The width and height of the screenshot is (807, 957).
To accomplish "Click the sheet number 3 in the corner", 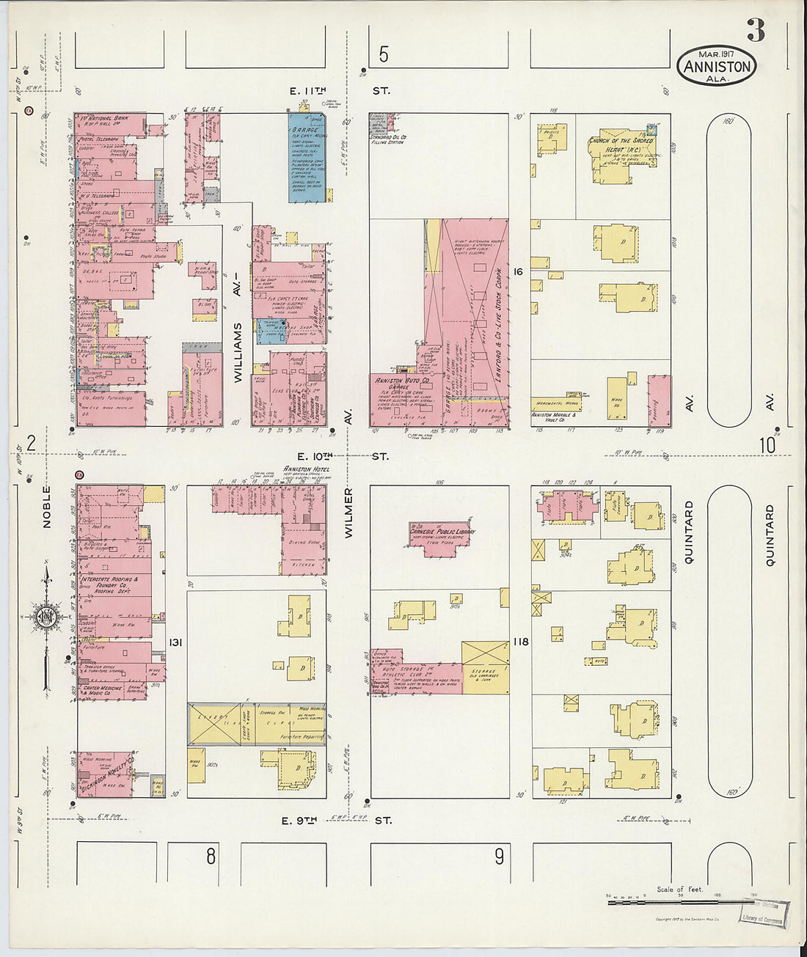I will click(x=756, y=30).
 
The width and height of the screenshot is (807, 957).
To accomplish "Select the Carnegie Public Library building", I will click(x=442, y=535).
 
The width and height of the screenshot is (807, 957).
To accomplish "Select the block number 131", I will click(x=175, y=642).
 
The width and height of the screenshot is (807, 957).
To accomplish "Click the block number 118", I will click(x=520, y=642).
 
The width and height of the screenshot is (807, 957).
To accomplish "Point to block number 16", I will click(x=518, y=272).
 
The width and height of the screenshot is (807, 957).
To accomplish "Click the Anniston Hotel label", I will click(x=306, y=469).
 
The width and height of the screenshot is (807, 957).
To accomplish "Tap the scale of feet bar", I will click(x=679, y=899).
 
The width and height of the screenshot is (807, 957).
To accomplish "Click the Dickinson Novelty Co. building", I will click(x=106, y=772).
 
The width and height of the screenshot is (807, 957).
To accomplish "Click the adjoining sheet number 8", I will click(x=211, y=856).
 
